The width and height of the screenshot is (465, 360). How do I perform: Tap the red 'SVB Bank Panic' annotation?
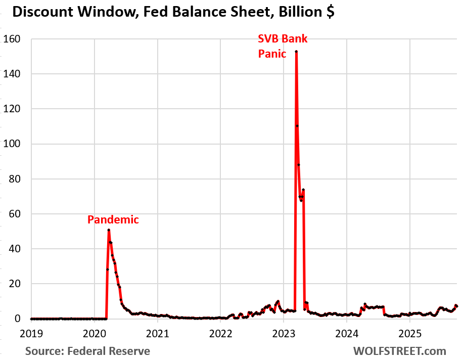283,46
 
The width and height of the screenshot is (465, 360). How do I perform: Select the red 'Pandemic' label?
113,219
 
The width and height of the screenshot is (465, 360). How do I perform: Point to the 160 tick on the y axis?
13,39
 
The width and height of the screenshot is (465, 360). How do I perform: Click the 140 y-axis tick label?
13,74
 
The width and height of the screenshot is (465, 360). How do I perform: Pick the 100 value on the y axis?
13,144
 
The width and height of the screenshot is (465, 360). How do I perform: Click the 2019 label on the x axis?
32,334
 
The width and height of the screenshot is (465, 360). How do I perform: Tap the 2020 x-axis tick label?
95,334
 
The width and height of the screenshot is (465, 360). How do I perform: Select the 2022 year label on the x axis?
221,334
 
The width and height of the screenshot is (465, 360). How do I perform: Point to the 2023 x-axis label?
284,334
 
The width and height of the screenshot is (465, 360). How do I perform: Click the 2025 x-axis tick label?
410,334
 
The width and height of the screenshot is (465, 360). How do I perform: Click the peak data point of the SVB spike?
296,52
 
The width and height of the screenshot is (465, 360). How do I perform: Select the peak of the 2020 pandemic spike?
109,230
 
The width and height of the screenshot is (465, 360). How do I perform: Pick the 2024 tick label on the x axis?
347,334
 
